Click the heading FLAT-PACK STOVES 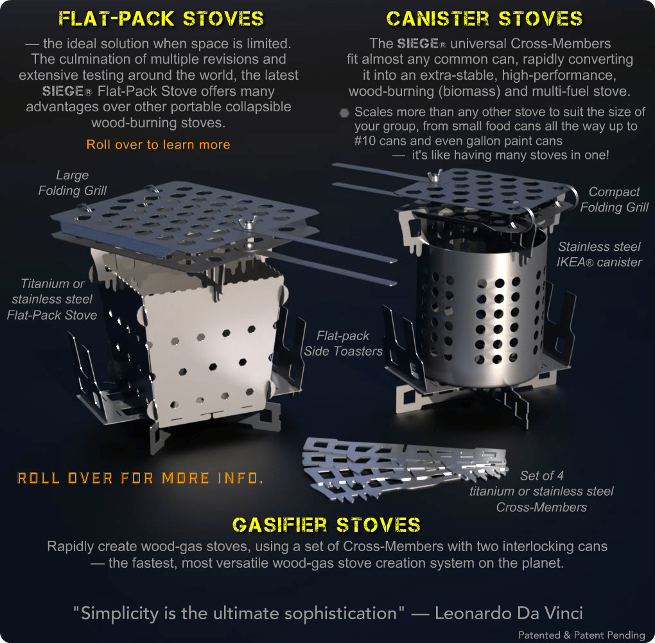pos(161,19)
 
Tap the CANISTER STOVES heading pos(484,19)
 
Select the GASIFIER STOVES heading pos(326,525)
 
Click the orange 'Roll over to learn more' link pos(159,145)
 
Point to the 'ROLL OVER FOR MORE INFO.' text pos(141,478)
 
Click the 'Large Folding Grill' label pos(73,183)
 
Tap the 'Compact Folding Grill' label pos(614,199)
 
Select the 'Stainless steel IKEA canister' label pos(599,255)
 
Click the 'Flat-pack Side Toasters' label pos(343,343)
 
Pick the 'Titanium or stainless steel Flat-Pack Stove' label pos(52,299)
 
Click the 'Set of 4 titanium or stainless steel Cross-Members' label pos(541,491)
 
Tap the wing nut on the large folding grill pos(248,223)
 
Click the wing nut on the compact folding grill pos(435,176)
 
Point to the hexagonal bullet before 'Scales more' pos(345,113)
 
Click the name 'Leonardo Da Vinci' pos(509,613)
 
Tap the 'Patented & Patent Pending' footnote pos(582,635)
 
